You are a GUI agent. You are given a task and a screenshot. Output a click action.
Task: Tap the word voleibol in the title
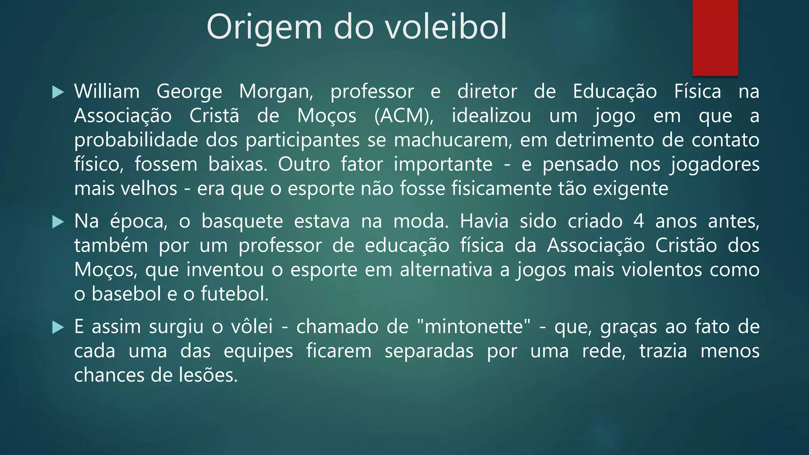446,27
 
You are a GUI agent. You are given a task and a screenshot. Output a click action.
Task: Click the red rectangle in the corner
715,38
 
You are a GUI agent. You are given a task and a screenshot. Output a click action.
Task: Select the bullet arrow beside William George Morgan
58,92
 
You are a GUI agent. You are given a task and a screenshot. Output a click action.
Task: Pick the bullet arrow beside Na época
58,222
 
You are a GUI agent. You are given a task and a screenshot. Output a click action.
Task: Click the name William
107,92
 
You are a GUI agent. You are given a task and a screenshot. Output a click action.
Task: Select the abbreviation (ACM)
403,116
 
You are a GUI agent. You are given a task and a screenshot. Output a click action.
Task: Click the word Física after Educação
698,92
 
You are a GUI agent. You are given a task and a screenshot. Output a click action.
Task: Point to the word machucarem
453,140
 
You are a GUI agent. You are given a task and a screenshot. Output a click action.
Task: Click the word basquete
242,221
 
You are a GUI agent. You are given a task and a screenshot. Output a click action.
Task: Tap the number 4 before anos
639,221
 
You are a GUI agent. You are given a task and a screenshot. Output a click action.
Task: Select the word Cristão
686,246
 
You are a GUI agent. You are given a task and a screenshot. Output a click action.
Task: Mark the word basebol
126,294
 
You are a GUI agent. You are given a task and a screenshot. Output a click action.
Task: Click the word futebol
234,294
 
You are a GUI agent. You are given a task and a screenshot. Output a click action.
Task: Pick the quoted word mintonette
474,327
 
